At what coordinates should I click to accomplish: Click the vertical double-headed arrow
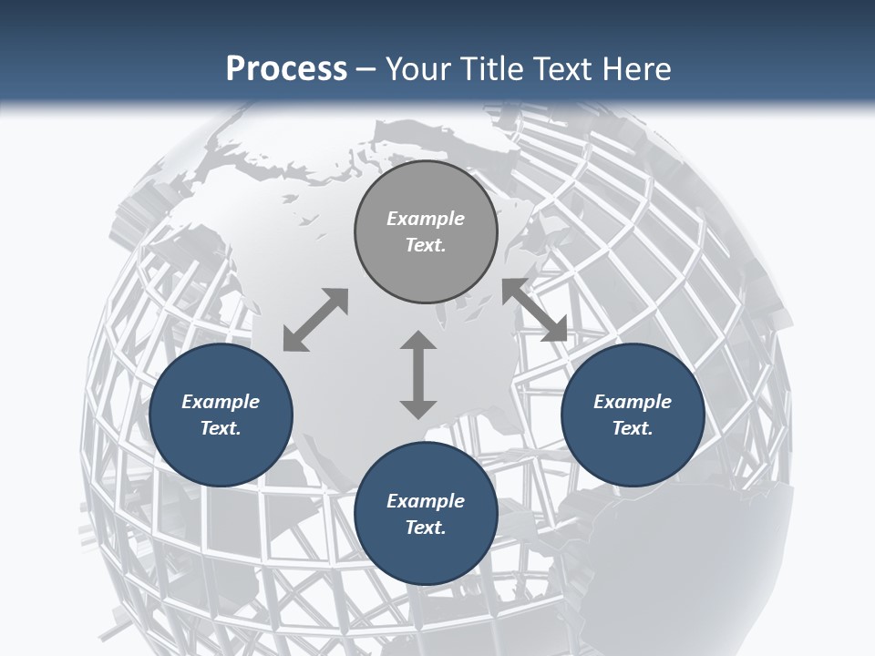point(418,374)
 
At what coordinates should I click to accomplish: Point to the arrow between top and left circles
point(315,320)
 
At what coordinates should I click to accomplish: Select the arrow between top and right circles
point(534,310)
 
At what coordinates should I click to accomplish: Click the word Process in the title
point(286,68)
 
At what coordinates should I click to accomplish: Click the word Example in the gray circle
point(426,219)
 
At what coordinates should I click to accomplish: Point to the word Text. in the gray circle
point(426,245)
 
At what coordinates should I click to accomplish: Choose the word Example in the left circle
point(221,402)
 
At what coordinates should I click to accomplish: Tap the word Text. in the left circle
point(221,428)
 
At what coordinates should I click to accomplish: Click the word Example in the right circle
point(633,402)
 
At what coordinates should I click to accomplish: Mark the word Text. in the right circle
point(633,428)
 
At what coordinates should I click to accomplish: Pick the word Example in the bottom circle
point(426,501)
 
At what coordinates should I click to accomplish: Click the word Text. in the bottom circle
point(426,528)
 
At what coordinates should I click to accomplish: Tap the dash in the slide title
point(365,69)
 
